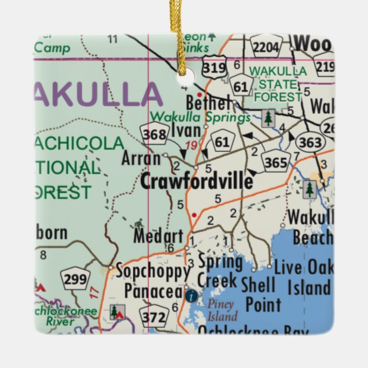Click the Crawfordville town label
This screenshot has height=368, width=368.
click(196, 181)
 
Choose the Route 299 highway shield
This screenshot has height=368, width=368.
click(76, 279)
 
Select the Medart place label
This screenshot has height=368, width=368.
click(158, 236)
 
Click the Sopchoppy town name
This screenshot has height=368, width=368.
click(153, 270)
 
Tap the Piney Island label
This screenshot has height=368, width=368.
click(221, 310)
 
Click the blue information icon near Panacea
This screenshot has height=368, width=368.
click(191, 295)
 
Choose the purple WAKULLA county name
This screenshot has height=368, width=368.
click(97, 94)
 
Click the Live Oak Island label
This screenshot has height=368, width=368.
click(302, 277)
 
